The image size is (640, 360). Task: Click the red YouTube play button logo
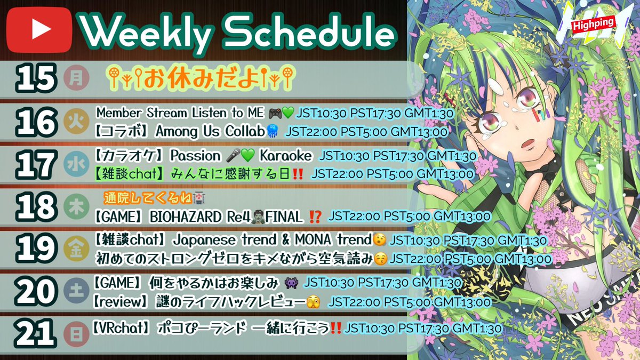point(37,30)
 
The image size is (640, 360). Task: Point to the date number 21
point(36,334)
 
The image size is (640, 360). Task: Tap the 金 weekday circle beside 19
point(73,249)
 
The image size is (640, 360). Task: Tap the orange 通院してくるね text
point(147,199)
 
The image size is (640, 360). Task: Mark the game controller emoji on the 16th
point(275,114)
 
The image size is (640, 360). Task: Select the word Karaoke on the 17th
point(285,156)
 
